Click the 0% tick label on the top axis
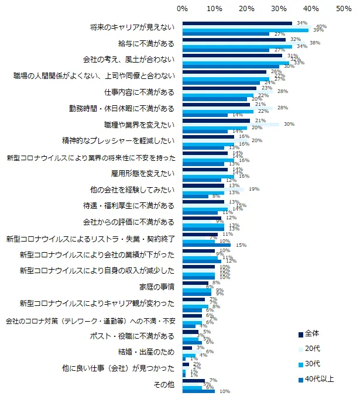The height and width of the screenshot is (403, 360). [x=182, y=8]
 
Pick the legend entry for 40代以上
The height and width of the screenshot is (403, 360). [x=316, y=379]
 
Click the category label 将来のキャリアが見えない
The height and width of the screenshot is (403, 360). [x=132, y=27]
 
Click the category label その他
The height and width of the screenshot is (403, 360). [x=164, y=385]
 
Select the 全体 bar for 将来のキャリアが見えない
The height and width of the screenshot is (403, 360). [x=237, y=23]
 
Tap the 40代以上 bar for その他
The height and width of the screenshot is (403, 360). [x=198, y=391]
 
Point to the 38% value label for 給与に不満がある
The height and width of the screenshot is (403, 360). [x=314, y=43]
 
